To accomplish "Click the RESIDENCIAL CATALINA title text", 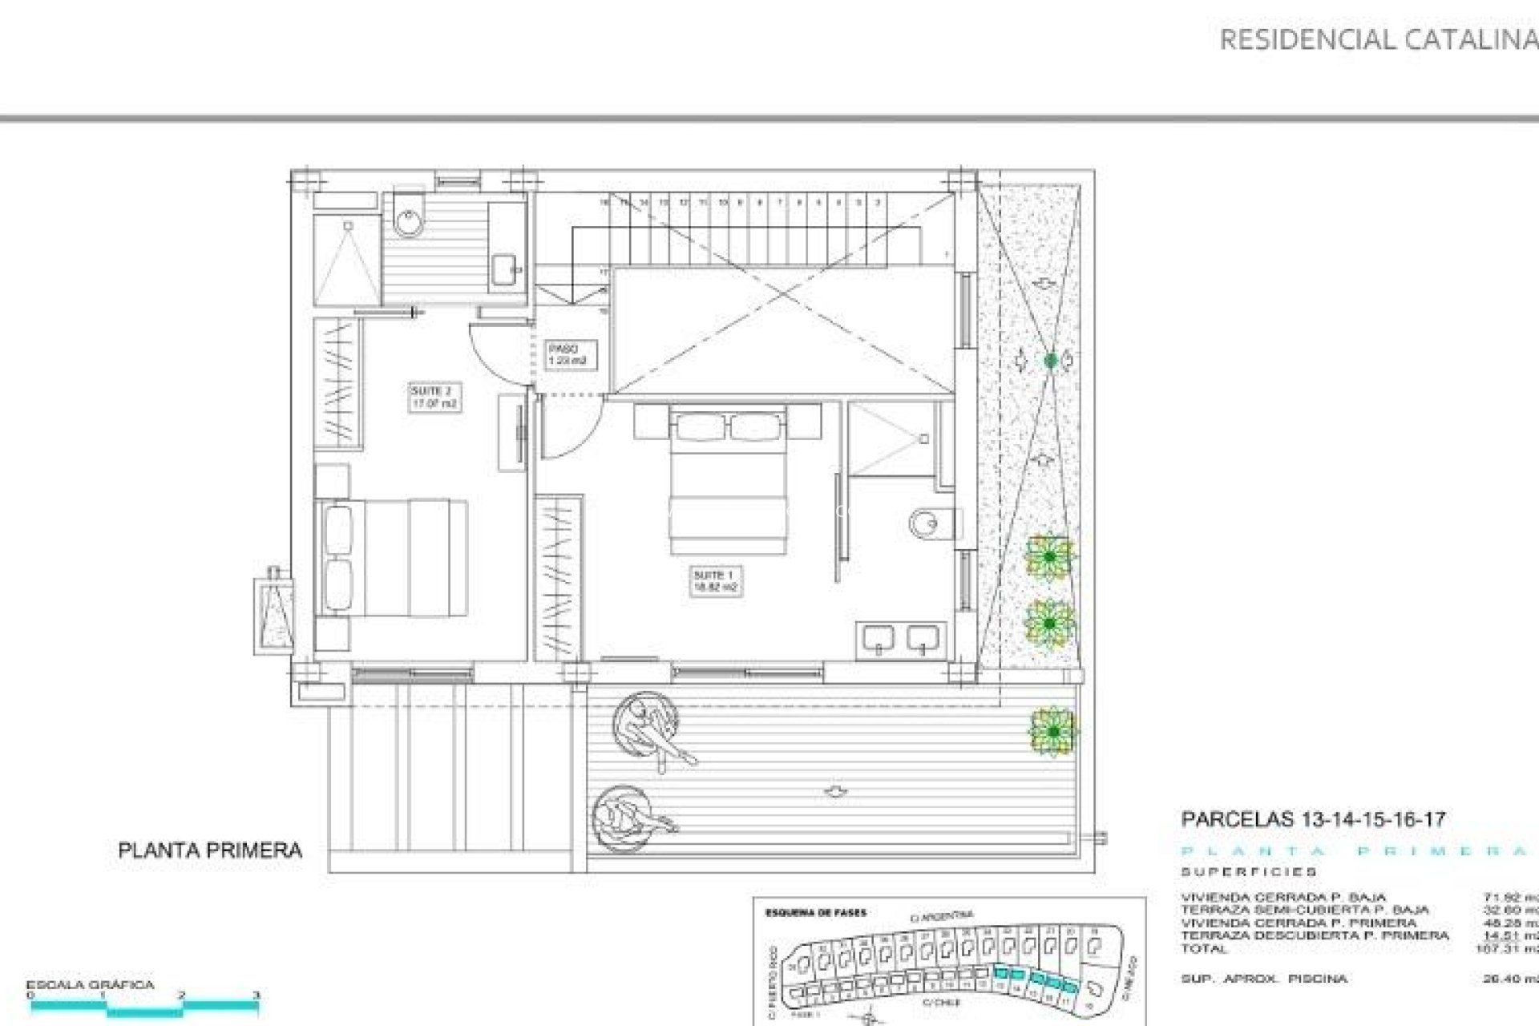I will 1377,40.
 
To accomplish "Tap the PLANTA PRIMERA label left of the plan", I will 210,850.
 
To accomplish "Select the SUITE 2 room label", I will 434,398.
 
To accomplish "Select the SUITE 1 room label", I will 715,581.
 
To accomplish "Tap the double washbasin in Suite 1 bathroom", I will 902,639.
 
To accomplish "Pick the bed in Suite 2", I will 393,558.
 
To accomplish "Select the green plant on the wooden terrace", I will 1052,731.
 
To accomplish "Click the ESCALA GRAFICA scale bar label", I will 90,985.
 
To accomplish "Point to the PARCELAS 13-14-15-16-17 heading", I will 1313,819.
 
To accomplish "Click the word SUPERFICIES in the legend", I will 1249,872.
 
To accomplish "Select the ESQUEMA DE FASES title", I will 815,913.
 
